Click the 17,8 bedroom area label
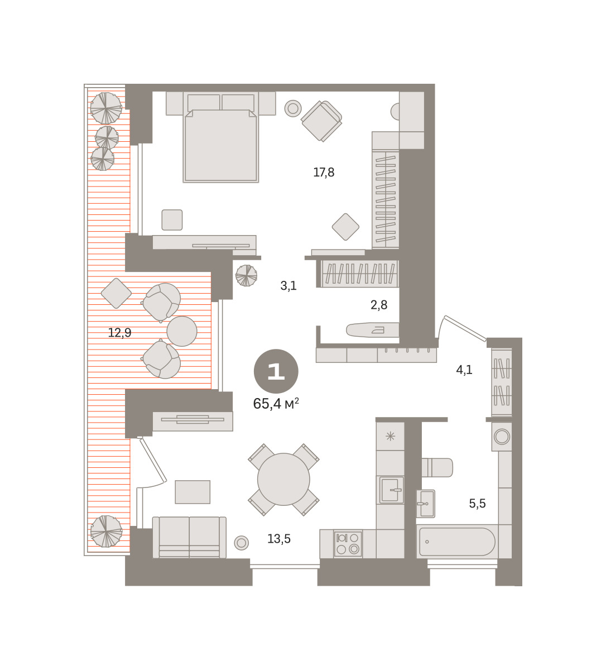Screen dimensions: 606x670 pyautogui.click(x=324, y=173)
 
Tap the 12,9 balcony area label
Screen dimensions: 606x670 pyautogui.click(x=119, y=333)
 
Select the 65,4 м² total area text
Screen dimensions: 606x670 pyautogui.click(x=276, y=404)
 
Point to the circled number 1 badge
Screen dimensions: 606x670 pyautogui.click(x=276, y=371)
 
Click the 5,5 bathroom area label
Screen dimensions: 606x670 pyautogui.click(x=477, y=503)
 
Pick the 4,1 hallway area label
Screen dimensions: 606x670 pyautogui.click(x=464, y=370)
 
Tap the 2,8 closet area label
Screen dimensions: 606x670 pyautogui.click(x=379, y=305)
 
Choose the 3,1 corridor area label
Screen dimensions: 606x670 pyautogui.click(x=288, y=285)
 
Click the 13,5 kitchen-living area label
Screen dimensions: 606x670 pyautogui.click(x=279, y=539)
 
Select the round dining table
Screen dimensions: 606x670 pyautogui.click(x=283, y=479)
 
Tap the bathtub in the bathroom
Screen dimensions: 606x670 pyautogui.click(x=457, y=542)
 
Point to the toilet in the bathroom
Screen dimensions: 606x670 pyautogui.click(x=437, y=467)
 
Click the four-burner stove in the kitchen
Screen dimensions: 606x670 pyautogui.click(x=348, y=543)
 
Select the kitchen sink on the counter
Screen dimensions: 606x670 pyautogui.click(x=391, y=490)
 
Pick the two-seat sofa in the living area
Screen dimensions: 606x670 pyautogui.click(x=189, y=538)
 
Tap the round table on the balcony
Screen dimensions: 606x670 pyautogui.click(x=182, y=331)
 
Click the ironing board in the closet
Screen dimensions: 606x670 pyautogui.click(x=373, y=330)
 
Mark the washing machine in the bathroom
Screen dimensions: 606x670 pyautogui.click(x=502, y=437)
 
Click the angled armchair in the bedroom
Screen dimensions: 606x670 pyautogui.click(x=321, y=121)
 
